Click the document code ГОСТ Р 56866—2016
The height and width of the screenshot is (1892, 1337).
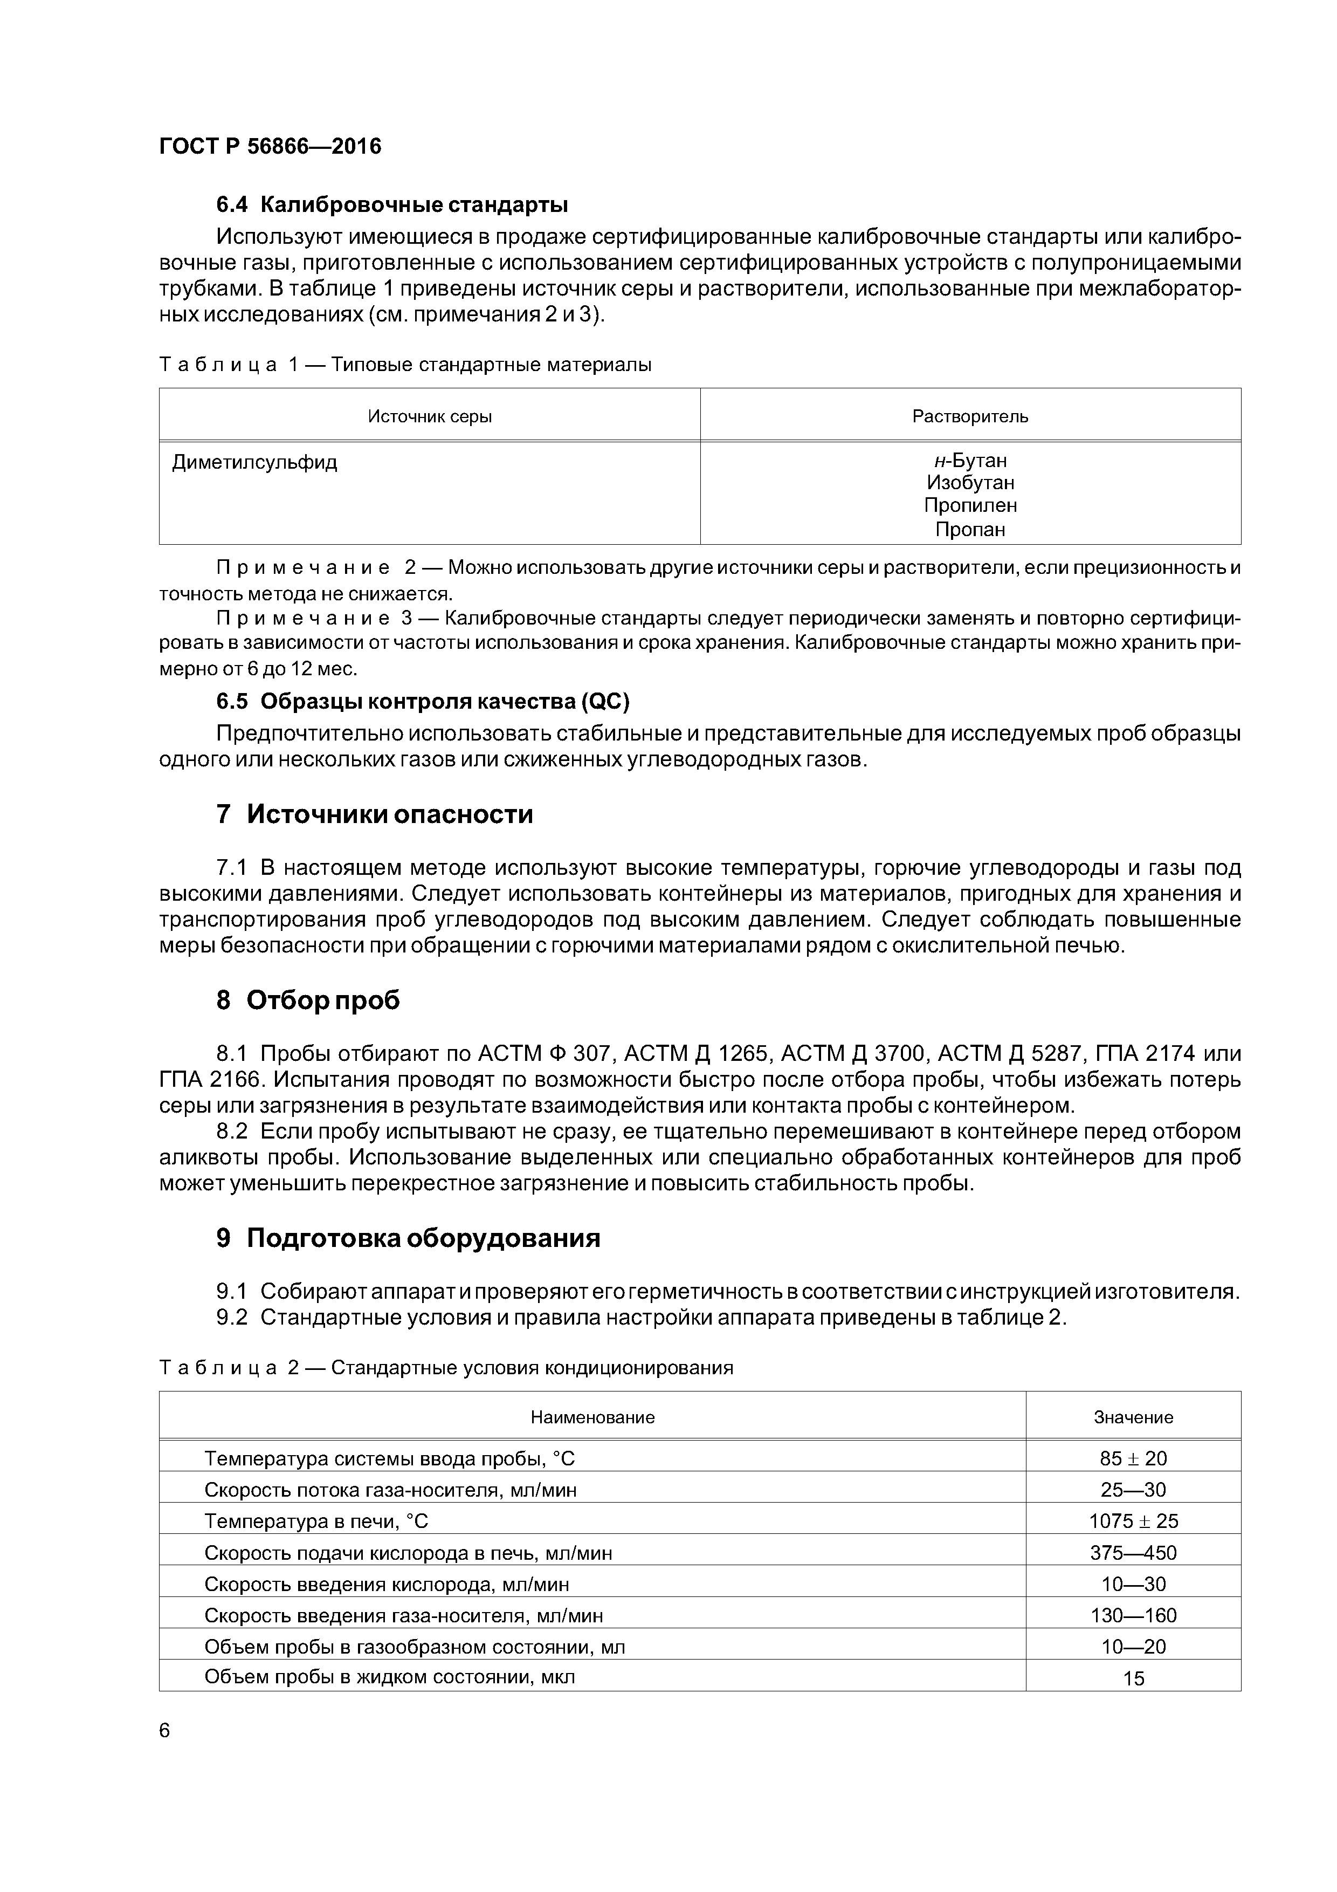270,147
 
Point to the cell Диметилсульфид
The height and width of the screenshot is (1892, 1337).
254,462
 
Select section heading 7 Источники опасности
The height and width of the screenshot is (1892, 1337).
375,814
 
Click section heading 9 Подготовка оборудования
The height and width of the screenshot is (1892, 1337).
409,1238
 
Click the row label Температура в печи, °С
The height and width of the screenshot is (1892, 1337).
316,1520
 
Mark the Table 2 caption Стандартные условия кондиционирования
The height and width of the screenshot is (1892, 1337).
532,1368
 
